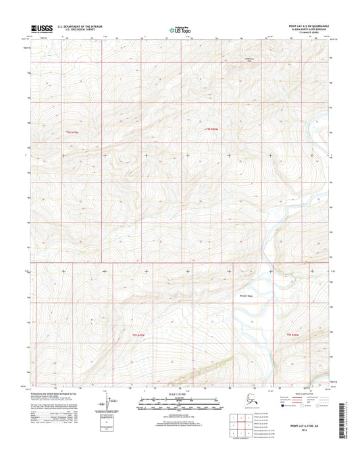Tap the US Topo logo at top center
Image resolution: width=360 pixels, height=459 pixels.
[179, 30]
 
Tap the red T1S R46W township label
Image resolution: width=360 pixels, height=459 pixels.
[211, 128]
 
